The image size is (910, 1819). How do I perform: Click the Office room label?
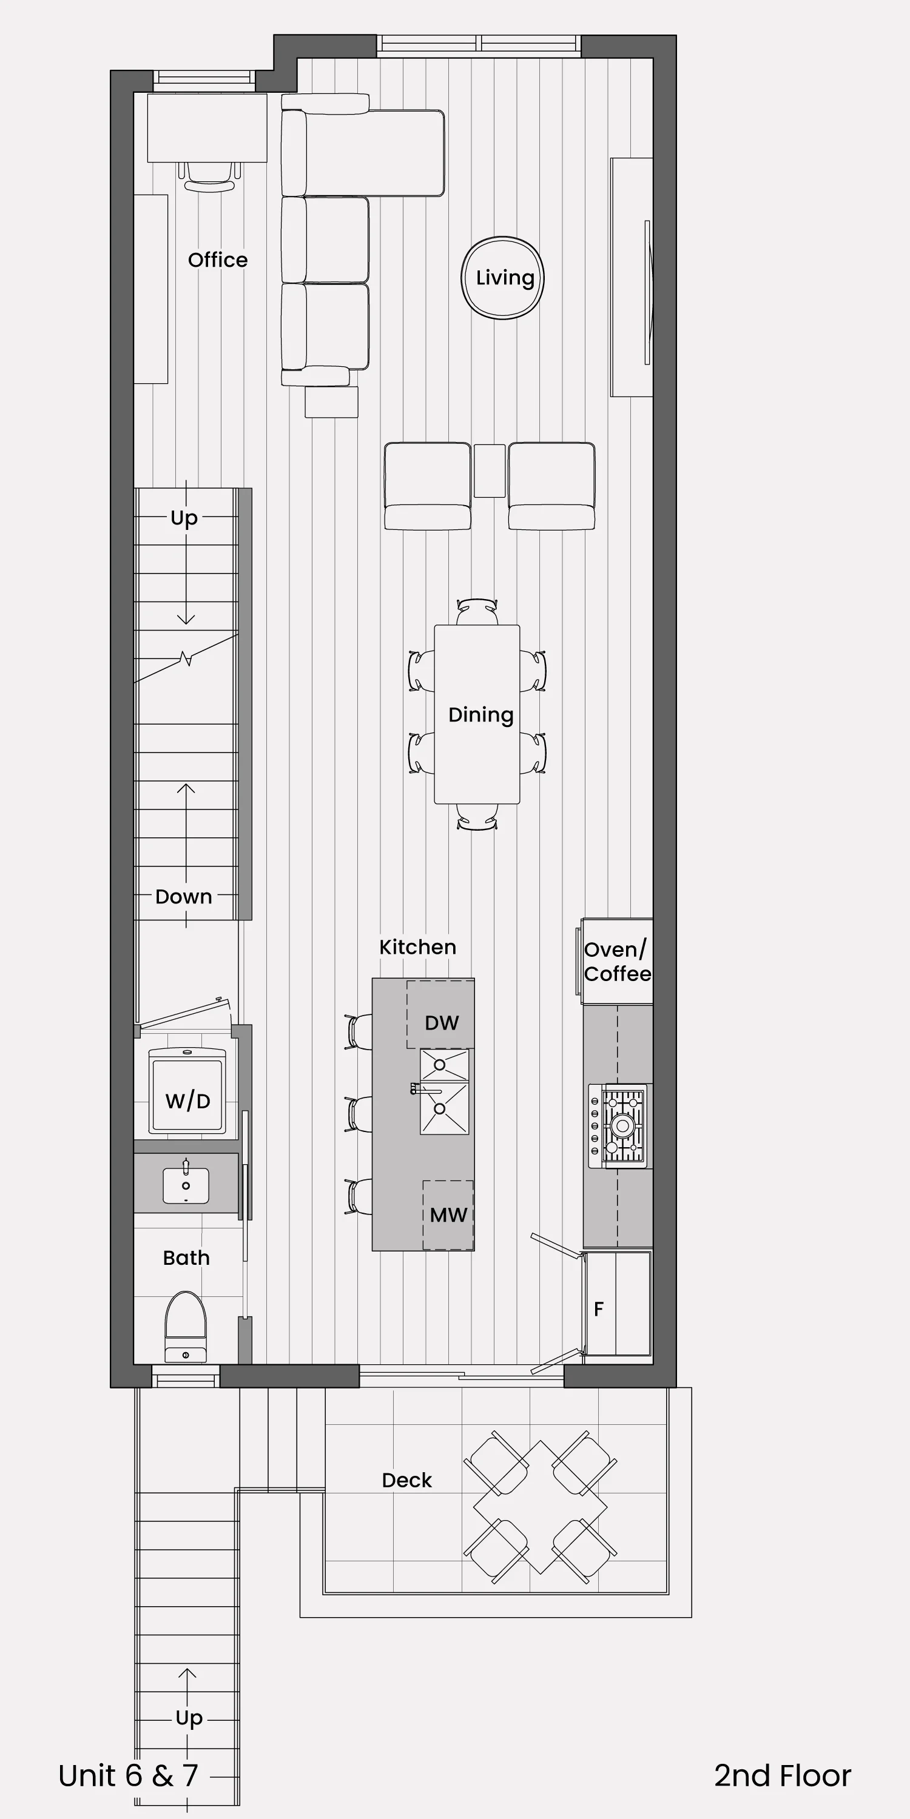[x=218, y=260]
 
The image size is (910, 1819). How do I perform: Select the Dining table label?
[x=480, y=715]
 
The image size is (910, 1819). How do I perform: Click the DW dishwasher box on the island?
[x=440, y=1014]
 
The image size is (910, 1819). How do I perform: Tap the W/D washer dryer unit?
[x=187, y=1091]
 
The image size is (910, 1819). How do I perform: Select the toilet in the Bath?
[x=186, y=1326]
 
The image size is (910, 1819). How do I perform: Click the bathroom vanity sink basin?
[x=186, y=1185]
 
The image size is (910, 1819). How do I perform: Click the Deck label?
[x=406, y=1480]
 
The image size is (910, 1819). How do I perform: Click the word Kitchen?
[x=417, y=947]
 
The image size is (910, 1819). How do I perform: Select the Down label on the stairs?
[x=184, y=897]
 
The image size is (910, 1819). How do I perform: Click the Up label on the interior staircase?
[x=184, y=518]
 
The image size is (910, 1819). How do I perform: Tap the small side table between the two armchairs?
[x=489, y=471]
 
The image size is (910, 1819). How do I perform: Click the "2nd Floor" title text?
[x=783, y=1776]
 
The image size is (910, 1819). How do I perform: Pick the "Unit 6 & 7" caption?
[x=128, y=1776]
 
